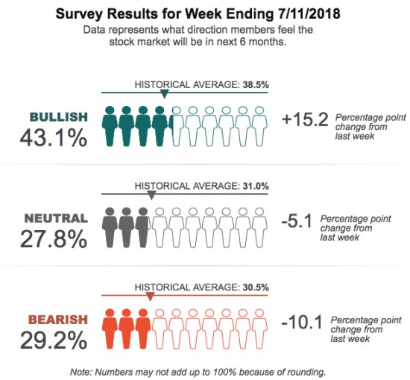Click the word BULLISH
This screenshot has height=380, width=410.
click(x=58, y=117)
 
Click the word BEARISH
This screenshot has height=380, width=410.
click(x=57, y=320)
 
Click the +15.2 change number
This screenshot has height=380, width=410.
click(x=305, y=119)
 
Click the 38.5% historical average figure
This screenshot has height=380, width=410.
click(x=255, y=85)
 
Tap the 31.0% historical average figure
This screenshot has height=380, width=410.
click(x=255, y=186)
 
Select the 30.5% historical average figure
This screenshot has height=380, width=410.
click(x=255, y=287)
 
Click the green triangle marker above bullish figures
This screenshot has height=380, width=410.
click(x=164, y=95)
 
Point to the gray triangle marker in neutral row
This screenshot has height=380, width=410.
click(x=151, y=196)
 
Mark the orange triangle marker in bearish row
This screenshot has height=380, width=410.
click(x=151, y=296)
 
